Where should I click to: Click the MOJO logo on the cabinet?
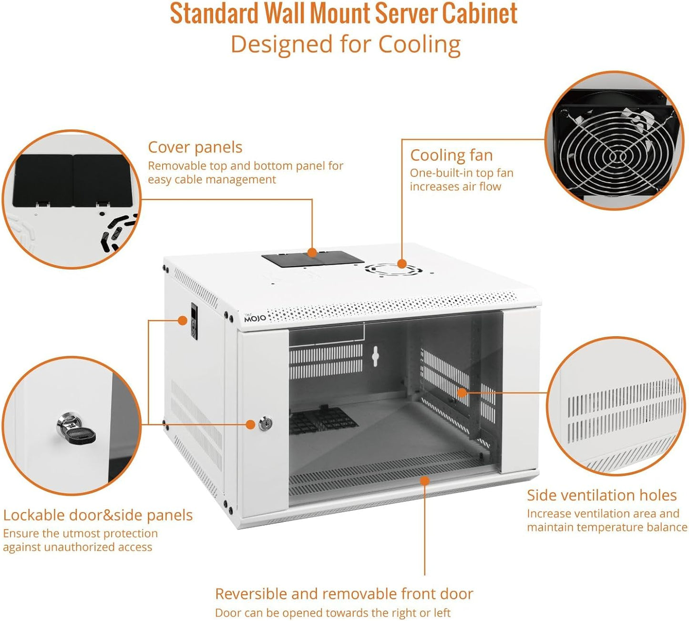click(x=255, y=318)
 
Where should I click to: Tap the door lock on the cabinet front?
click(x=266, y=423)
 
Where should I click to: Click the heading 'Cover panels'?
click(x=195, y=147)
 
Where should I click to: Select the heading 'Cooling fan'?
click(x=451, y=155)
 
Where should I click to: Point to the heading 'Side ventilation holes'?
click(x=601, y=496)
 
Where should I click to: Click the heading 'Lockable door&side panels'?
click(x=98, y=516)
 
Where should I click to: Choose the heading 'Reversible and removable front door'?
click(x=344, y=594)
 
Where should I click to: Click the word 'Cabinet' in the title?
click(x=479, y=13)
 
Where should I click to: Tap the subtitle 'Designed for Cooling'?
click(x=345, y=45)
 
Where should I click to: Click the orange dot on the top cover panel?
click(x=312, y=252)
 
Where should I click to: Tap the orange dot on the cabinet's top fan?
click(x=402, y=264)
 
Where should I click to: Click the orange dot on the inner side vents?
click(x=462, y=393)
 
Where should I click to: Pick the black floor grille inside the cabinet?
click(x=322, y=421)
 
